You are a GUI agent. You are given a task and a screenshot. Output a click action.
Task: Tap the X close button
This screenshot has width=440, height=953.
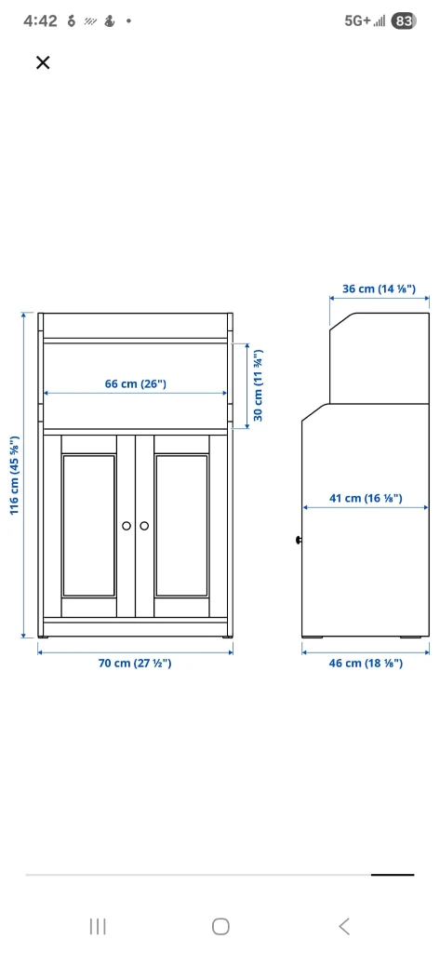pos(42,62)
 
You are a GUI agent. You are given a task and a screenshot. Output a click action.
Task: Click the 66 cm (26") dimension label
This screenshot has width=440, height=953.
pos(135,383)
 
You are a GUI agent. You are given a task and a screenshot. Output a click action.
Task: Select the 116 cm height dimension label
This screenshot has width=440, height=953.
pos(14,475)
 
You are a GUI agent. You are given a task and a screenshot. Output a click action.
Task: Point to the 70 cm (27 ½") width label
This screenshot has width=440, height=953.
pos(135,663)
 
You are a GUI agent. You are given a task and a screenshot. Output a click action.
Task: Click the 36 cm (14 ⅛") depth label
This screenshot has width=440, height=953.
pos(379,289)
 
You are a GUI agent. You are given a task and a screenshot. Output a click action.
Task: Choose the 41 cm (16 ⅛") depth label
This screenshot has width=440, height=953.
pos(366,498)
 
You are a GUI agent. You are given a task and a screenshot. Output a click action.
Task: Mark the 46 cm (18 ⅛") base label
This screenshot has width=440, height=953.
pos(366,663)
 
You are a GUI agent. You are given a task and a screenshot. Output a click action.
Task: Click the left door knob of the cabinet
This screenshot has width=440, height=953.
pos(127,527)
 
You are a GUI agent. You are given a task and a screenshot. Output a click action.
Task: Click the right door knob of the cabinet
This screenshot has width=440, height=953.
pos(144,527)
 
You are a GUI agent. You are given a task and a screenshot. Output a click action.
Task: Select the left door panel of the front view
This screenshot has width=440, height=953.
pos(89,526)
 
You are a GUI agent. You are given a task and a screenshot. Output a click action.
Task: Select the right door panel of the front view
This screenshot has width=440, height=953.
pos(181,526)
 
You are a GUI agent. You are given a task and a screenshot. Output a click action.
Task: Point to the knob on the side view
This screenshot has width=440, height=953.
pos(298,540)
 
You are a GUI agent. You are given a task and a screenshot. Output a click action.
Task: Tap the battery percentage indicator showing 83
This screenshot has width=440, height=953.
pos(404,20)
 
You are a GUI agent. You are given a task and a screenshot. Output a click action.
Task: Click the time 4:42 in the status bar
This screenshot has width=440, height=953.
pos(39,20)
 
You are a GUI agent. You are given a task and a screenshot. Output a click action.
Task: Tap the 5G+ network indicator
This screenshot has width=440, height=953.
pos(357,20)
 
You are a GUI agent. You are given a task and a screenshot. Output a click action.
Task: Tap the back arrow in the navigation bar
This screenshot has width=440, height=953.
pos(344,925)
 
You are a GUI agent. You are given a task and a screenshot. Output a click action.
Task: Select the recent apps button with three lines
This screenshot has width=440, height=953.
pos(97,925)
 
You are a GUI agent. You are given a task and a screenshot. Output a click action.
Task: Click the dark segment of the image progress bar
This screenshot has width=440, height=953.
pos(393,875)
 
